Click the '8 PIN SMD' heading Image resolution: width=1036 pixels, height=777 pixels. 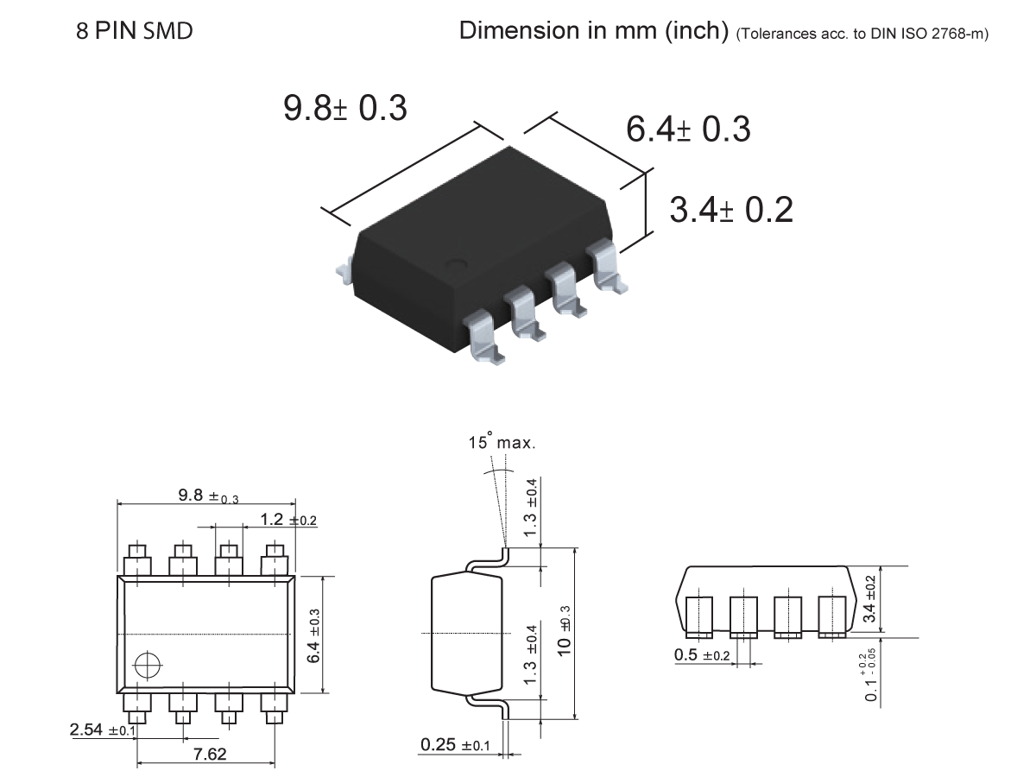(134, 32)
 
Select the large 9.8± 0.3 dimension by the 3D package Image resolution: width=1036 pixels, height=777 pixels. (345, 109)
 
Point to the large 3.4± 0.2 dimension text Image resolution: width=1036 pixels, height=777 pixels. (731, 210)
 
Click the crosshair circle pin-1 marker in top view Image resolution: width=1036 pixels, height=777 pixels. (148, 665)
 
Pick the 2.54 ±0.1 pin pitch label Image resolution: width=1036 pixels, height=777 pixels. (97, 730)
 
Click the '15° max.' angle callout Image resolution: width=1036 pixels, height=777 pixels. (502, 444)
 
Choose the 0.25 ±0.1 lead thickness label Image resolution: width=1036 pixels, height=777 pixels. (455, 745)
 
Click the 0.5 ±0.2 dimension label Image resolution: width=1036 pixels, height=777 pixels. (702, 654)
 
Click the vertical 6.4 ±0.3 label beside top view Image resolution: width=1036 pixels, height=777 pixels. (314, 635)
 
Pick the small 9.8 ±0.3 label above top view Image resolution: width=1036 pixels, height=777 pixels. (208, 496)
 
